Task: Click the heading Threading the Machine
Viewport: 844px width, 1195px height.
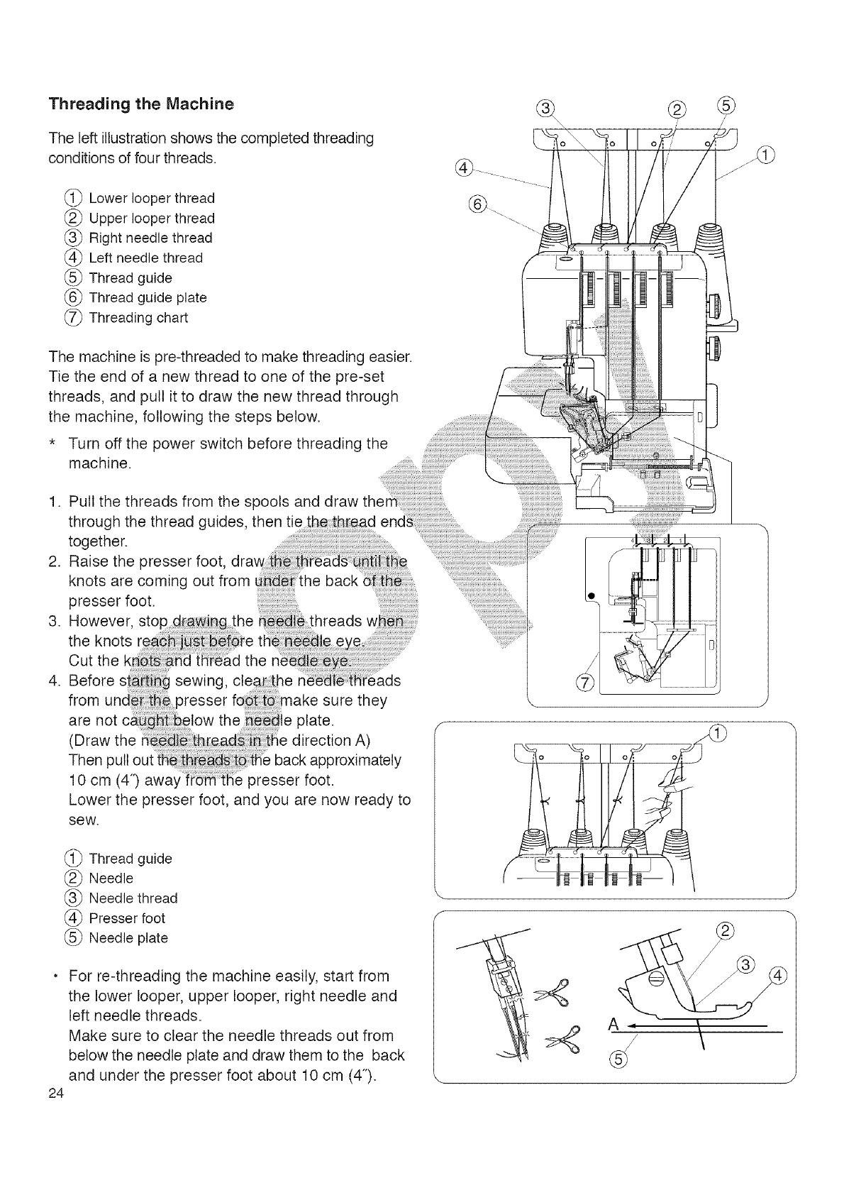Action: [x=140, y=104]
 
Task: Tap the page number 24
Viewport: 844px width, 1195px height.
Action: [x=57, y=1094]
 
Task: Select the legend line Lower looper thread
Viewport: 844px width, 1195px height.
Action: [x=151, y=198]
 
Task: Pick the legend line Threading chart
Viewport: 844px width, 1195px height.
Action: [x=138, y=318]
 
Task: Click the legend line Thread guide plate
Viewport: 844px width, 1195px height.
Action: [x=148, y=298]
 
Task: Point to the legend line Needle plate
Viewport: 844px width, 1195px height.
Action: [x=128, y=938]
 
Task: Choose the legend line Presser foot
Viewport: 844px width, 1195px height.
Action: [x=127, y=918]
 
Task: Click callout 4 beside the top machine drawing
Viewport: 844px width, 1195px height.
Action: [x=462, y=167]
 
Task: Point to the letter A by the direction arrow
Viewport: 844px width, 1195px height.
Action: [x=613, y=1025]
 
